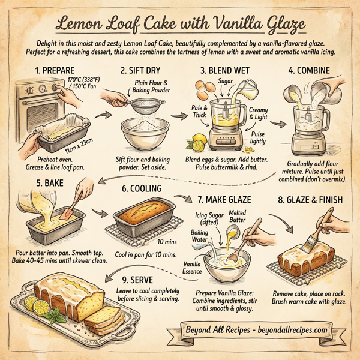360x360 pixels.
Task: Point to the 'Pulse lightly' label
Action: [x=259, y=137]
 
